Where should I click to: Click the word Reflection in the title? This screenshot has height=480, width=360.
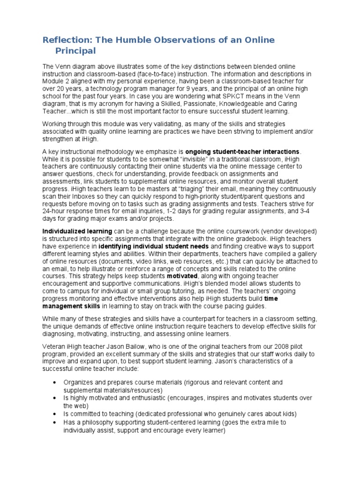66,40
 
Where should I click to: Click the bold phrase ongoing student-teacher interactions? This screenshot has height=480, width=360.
243,151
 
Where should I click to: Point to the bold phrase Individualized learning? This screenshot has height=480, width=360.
77,231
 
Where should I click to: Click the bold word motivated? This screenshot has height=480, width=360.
183,276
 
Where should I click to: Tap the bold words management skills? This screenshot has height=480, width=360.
71,306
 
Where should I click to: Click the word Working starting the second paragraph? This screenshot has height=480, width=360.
56,123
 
